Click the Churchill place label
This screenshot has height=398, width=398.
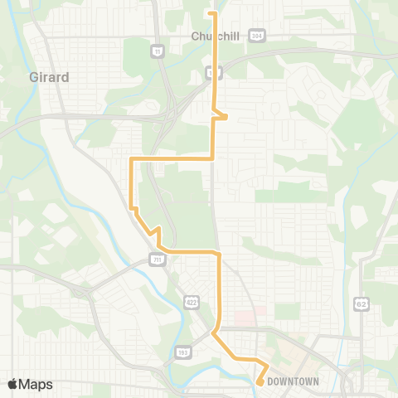215,36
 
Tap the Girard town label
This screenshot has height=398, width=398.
51,77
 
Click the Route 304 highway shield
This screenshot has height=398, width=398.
258,36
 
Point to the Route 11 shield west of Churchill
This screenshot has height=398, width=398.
156,51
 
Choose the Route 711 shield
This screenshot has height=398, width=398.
158,260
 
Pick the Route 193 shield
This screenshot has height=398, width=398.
181,352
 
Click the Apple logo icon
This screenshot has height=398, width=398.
12,384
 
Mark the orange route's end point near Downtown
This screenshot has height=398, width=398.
260,382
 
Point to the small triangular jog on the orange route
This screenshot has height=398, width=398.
222,115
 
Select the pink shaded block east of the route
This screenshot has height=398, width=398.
244,317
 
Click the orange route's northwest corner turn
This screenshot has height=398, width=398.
131,158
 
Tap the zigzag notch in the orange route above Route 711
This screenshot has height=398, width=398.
154,232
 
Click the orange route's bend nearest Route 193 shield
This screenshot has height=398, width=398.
214,334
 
